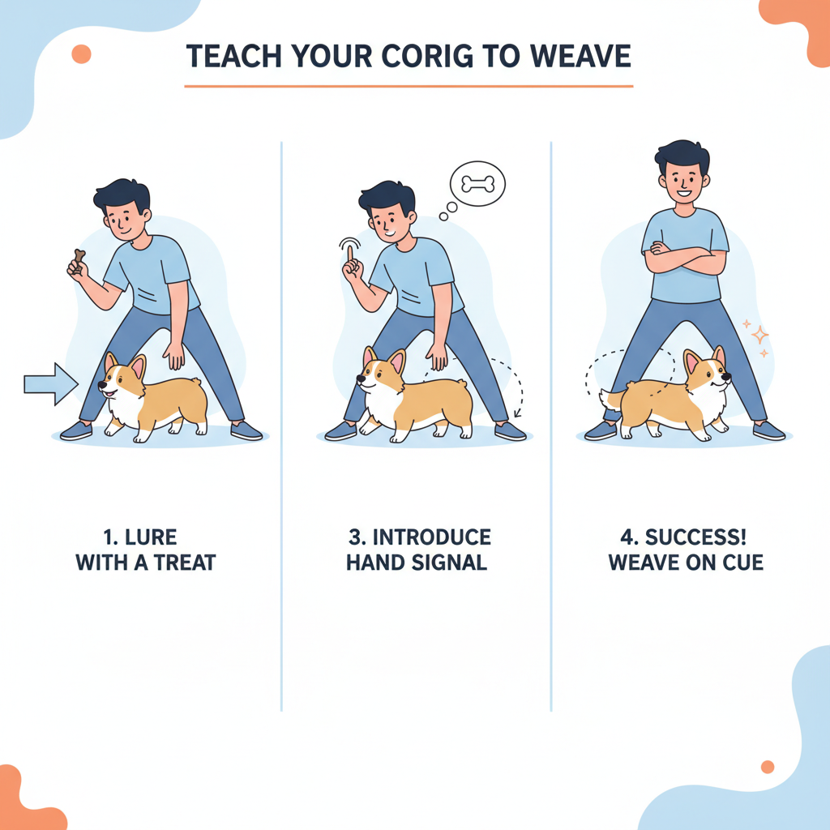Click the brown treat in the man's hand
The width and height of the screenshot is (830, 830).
pyautogui.click(x=79, y=259)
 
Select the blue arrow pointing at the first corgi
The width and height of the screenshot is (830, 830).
pyautogui.click(x=51, y=383)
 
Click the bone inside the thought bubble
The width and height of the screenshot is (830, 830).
pyautogui.click(x=478, y=184)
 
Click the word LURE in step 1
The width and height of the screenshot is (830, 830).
pyautogui.click(x=151, y=537)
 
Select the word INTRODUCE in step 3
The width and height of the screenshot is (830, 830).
pyautogui.click(x=432, y=537)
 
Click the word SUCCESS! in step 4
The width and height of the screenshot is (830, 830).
pyautogui.click(x=695, y=537)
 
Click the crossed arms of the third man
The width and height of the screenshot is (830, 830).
pyautogui.click(x=685, y=258)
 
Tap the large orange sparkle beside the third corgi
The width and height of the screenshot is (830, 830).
pyautogui.click(x=759, y=335)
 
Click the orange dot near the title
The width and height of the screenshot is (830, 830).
pyautogui.click(x=82, y=54)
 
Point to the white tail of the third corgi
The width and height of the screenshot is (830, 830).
pyautogui.click(x=609, y=399)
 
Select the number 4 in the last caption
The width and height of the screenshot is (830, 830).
pyautogui.click(x=627, y=537)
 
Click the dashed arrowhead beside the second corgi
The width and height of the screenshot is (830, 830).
pyautogui.click(x=517, y=413)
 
